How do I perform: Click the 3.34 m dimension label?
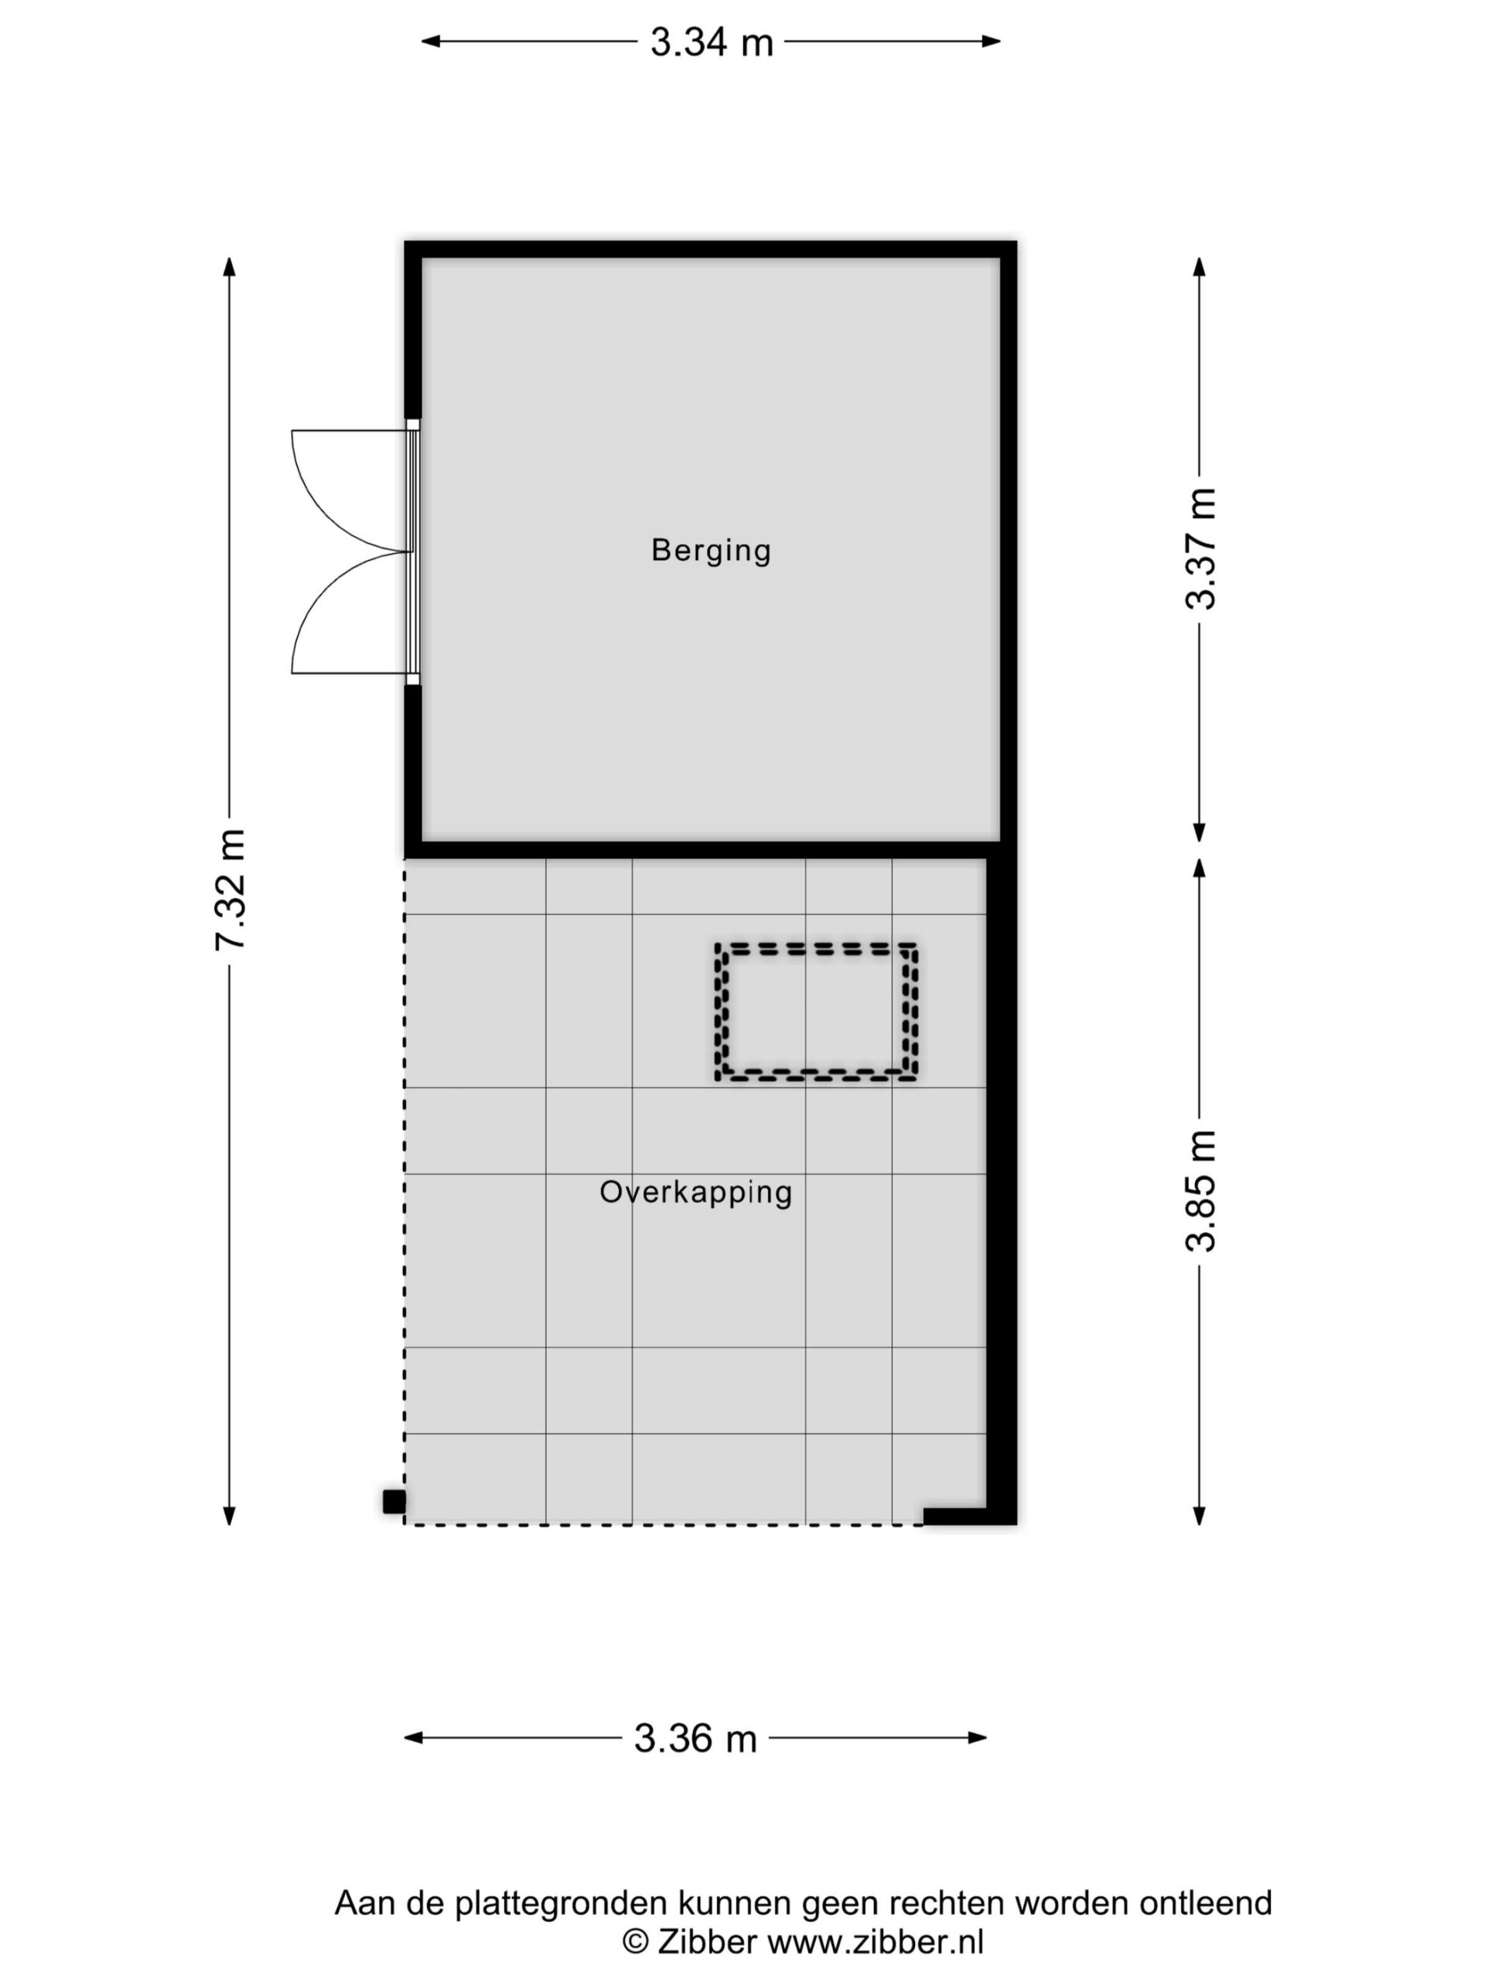click(x=712, y=42)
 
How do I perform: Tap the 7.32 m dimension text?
click(x=230, y=889)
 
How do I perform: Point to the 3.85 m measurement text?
click(x=1200, y=1190)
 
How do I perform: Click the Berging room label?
click(x=711, y=551)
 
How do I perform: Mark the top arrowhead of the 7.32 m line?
click(x=229, y=267)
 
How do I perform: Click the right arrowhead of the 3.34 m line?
click(x=991, y=40)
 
